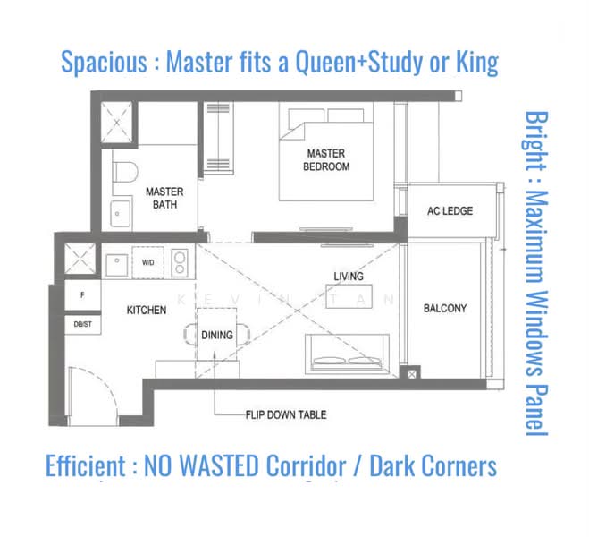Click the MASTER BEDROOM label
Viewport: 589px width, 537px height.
pyautogui.click(x=326, y=160)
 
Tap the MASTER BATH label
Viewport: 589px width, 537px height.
pyautogui.click(x=164, y=198)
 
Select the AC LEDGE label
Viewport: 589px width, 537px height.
pyautogui.click(x=450, y=211)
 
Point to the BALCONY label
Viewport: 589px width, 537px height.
pyautogui.click(x=445, y=309)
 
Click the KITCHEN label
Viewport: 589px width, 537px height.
pyautogui.click(x=147, y=310)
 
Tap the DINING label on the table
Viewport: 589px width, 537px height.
pyautogui.click(x=217, y=335)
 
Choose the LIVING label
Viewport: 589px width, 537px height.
pyautogui.click(x=349, y=277)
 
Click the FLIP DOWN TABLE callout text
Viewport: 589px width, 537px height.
pyautogui.click(x=286, y=414)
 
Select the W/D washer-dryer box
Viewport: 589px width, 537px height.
pyautogui.click(x=148, y=262)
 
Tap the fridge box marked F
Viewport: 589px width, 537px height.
pyautogui.click(x=82, y=295)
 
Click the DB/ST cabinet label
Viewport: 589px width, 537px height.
pyautogui.click(x=82, y=324)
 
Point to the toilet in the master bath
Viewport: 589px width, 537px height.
pyautogui.click(x=125, y=172)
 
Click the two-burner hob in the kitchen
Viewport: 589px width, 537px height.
pyautogui.click(x=180, y=263)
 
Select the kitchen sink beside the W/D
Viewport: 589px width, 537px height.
pyautogui.click(x=117, y=265)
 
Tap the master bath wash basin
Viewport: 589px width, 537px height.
pyautogui.click(x=120, y=214)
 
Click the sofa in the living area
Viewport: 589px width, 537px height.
pyautogui.click(x=347, y=354)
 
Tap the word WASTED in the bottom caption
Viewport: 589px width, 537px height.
pyautogui.click(x=220, y=465)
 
